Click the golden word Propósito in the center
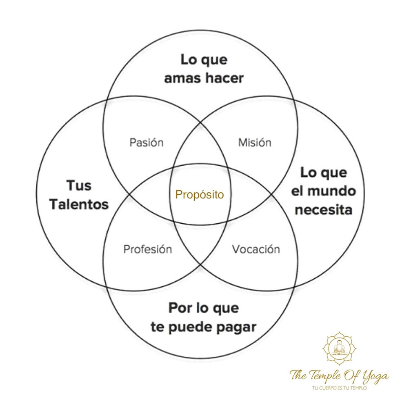pos(200,195)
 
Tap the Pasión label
pos(146,142)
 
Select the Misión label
pos(255,142)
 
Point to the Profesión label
pos(147,249)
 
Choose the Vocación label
pos(256,249)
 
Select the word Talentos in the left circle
pos(80,204)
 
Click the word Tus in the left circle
pos(79,186)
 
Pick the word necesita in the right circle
pos(323,210)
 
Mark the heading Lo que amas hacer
pos(204,69)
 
